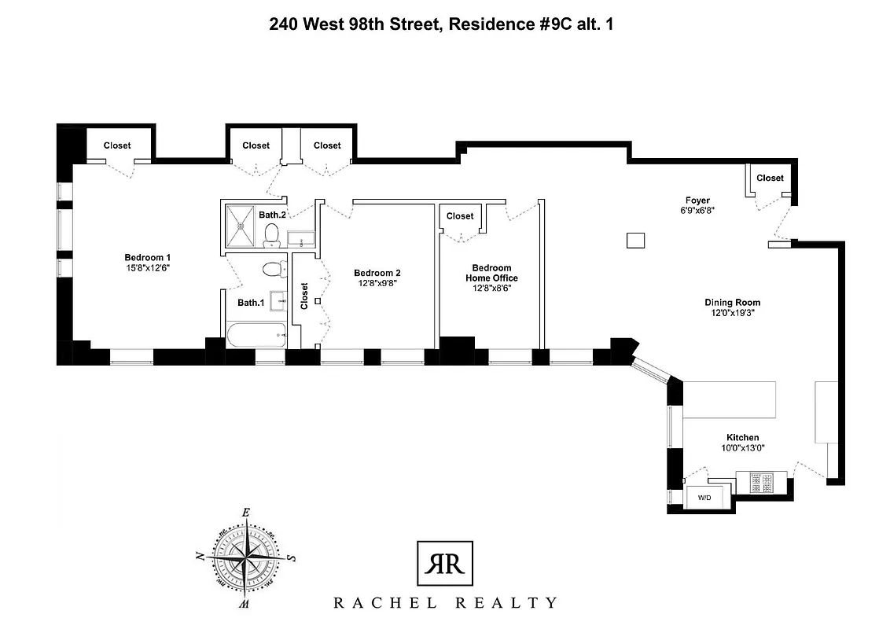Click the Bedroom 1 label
[147, 258]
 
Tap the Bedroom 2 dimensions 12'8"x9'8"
[377, 284]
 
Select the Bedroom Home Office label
[491, 273]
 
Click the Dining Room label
[732, 302]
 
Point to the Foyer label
[697, 200]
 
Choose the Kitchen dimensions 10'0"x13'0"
[742, 448]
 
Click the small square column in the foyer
[635, 241]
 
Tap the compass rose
[246, 559]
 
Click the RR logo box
[444, 564]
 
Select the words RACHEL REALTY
[444, 603]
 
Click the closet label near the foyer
[770, 178]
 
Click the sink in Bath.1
[278, 300]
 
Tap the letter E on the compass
[246, 513]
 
